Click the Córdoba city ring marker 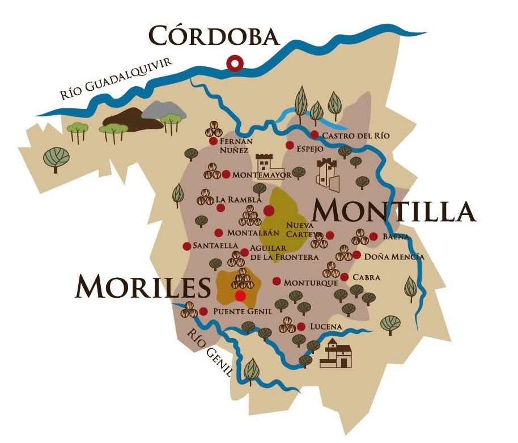pos(233,64)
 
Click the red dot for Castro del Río pos(315,134)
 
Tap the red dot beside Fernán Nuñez pos(213,141)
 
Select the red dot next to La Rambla pos(220,208)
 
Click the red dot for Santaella pos(186,246)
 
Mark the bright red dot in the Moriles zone pos(240,296)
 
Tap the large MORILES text pos(142,287)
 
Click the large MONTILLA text pos(394,212)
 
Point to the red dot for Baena pos(373,237)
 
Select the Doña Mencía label pos(394,257)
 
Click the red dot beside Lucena pos(301,326)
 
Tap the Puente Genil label pos(243,312)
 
